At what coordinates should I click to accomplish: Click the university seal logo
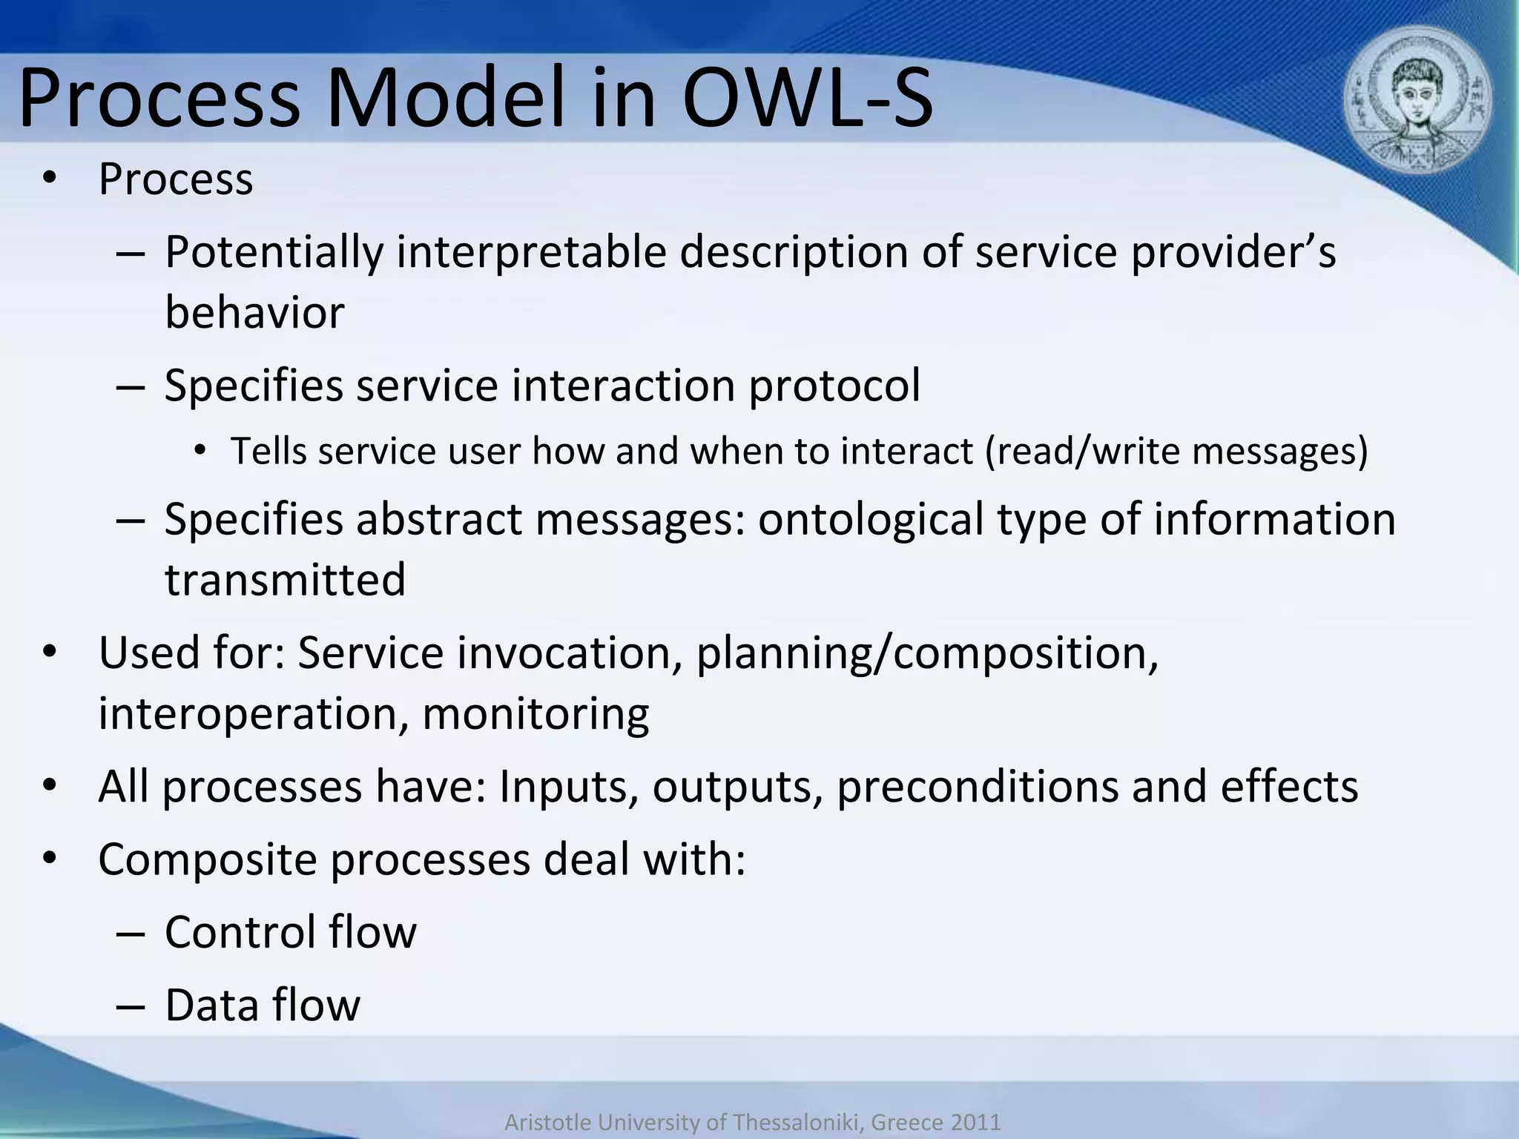pos(1417,105)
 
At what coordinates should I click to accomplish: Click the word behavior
pos(254,313)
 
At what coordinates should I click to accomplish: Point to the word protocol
pos(834,386)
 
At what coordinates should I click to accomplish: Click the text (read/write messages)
pos(1176,451)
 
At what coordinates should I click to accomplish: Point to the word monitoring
pos(536,713)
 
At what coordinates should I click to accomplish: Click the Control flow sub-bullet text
pos(291,933)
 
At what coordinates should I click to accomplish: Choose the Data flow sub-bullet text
pos(263,1006)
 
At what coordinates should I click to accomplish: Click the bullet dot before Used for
pos(49,653)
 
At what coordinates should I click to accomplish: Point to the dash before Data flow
pos(129,1007)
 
